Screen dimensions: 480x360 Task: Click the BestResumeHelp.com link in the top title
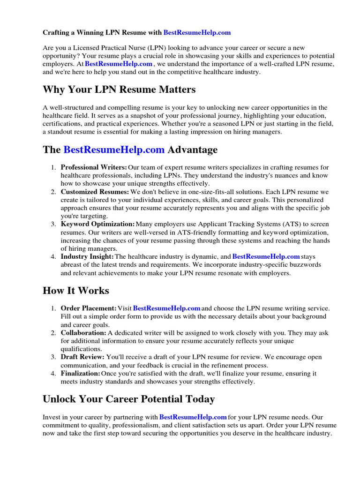(197, 33)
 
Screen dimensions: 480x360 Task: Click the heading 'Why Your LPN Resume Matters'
(119, 89)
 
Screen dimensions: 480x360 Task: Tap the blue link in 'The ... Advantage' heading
(114, 150)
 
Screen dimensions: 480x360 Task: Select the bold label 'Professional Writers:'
(94, 167)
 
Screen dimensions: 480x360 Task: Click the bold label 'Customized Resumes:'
(95, 192)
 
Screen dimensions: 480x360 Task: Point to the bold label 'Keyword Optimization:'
(97, 224)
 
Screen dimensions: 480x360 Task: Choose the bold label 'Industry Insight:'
(87, 256)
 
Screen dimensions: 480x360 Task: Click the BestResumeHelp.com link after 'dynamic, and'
(266, 256)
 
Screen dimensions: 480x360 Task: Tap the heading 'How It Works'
(76, 291)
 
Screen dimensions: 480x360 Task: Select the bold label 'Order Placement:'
(89, 308)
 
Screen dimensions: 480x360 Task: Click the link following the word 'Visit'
(167, 308)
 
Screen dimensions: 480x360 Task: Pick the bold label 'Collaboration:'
(83, 332)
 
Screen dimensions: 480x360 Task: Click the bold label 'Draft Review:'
(83, 357)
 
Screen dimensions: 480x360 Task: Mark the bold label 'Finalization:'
(81, 373)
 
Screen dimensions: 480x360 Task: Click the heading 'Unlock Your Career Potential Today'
(129, 399)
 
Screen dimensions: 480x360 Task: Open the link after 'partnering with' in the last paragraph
(193, 417)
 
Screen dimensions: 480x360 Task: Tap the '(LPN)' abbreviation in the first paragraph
(158, 47)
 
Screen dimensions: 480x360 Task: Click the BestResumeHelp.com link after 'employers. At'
(119, 64)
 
